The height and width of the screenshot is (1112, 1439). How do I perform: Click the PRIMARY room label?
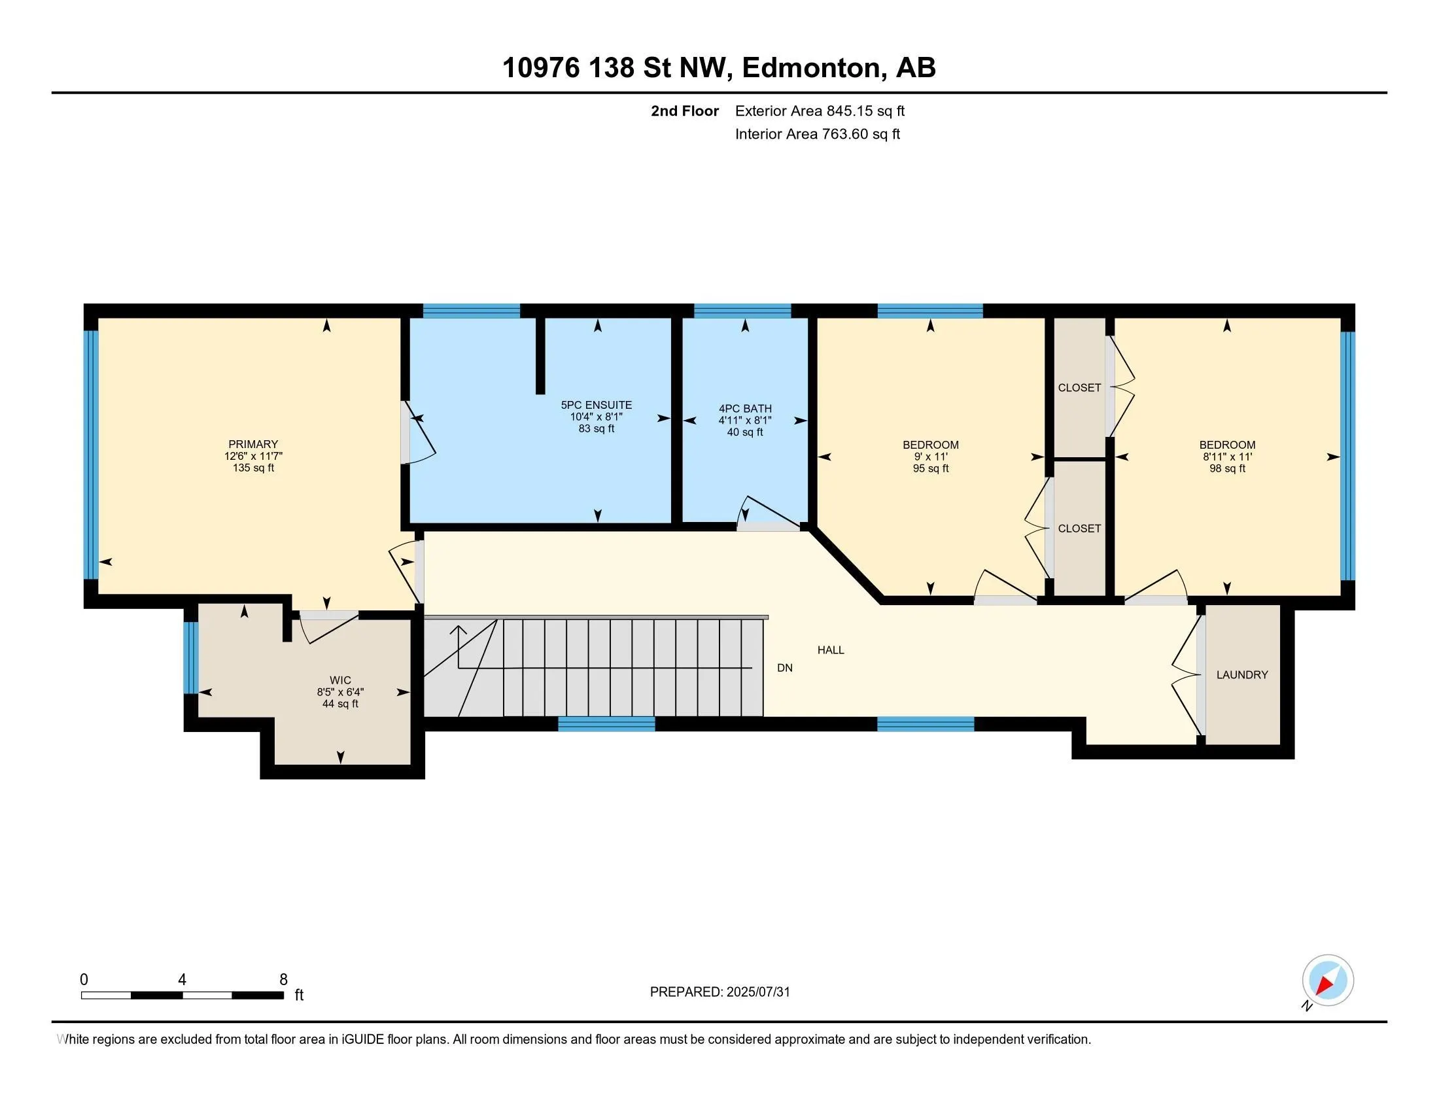point(253,444)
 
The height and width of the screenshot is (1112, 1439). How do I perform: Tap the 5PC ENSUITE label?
point(597,405)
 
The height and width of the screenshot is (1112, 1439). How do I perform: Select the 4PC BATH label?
point(745,408)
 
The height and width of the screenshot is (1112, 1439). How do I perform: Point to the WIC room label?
point(340,680)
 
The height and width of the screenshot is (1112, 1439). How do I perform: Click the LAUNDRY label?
point(1242,674)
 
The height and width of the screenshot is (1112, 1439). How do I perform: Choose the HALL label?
point(831,650)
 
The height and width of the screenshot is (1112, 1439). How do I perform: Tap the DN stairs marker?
point(785,667)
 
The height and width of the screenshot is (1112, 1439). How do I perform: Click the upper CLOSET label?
point(1079,387)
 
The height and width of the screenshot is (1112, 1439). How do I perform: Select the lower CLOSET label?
point(1079,529)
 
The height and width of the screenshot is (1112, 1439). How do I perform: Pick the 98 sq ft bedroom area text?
point(1227,468)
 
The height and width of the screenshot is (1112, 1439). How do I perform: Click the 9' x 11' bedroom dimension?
point(930,457)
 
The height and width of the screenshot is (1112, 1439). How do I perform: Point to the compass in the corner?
point(1328,981)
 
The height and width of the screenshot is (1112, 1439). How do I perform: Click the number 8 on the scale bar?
point(283,980)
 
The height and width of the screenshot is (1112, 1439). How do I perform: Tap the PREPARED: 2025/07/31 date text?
point(719,992)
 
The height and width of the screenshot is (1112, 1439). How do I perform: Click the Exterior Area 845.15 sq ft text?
point(820,111)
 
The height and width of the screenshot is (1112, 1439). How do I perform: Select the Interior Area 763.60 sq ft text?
point(817,133)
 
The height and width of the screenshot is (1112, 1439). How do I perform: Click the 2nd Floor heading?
point(685,111)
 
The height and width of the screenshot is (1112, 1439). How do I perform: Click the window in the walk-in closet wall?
point(190,657)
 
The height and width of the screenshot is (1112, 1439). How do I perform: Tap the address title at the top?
point(719,67)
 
